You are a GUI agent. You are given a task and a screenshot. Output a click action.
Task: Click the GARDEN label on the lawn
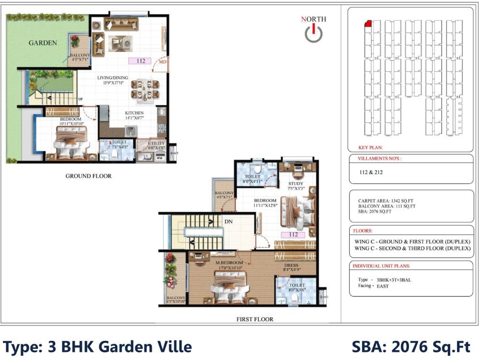click(x=43, y=43)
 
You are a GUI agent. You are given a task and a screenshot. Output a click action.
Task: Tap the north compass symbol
click(x=313, y=33)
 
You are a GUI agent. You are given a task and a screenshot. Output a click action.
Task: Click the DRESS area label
click(x=291, y=265)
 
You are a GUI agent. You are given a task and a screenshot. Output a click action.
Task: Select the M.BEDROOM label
click(x=229, y=263)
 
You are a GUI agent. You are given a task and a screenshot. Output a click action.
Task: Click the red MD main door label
click(x=162, y=63)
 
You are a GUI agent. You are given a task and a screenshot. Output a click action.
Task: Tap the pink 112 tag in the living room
click(x=140, y=61)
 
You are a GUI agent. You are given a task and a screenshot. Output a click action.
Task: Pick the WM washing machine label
click(x=159, y=157)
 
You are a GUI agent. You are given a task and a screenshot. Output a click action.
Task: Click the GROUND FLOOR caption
click(x=88, y=176)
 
